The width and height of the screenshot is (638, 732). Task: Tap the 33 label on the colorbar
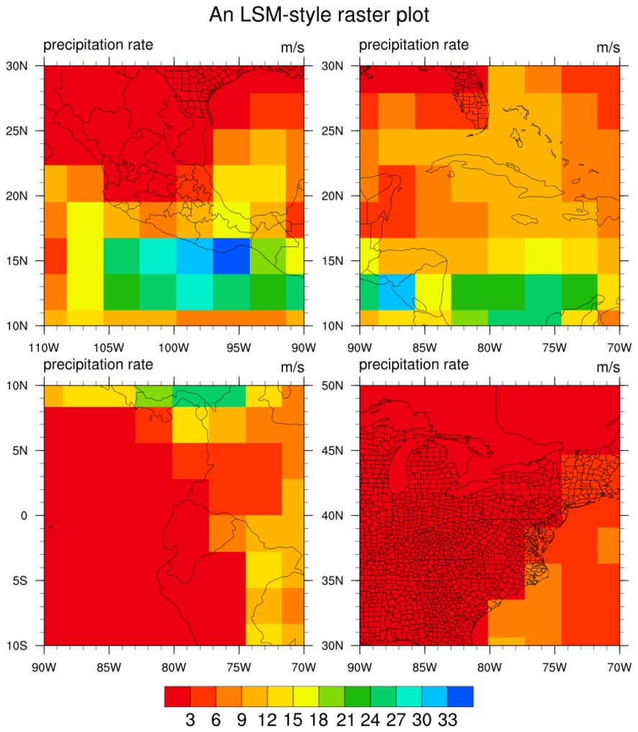point(446,719)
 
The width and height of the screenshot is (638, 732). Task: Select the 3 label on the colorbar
point(190,719)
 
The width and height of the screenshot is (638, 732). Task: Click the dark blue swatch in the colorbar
point(460,696)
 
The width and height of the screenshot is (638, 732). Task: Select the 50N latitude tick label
point(332,385)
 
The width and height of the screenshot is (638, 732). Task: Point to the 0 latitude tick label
point(24,515)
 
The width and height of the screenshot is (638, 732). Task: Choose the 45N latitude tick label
point(332,450)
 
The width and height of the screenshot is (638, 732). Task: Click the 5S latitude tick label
point(20,580)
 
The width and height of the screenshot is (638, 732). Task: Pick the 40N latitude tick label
point(332,515)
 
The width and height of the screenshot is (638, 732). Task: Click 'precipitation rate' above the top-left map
point(98,45)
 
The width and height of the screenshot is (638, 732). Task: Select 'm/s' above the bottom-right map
point(608,367)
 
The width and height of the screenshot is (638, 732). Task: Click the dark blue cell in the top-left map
point(231,256)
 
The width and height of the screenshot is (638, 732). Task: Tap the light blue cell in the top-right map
point(396,291)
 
